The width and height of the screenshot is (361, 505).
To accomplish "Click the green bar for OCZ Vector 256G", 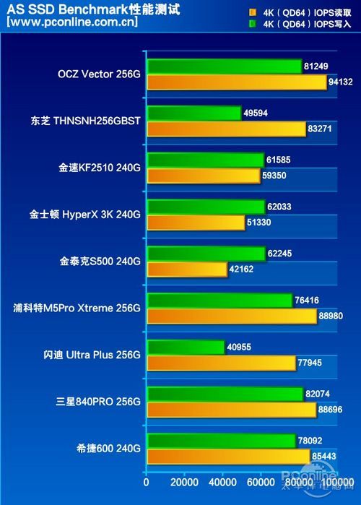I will (224, 66).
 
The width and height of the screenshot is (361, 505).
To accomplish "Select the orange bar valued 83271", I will (227, 129).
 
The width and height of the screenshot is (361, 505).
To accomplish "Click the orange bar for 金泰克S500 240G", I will (187, 269).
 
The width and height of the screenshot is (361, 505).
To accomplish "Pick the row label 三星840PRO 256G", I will (100, 401).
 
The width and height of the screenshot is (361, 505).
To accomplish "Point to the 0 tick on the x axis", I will (147, 482).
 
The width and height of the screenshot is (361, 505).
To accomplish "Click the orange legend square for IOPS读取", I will (252, 12).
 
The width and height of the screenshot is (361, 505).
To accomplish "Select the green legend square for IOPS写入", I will (252, 23).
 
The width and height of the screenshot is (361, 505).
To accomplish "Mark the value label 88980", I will (330, 316).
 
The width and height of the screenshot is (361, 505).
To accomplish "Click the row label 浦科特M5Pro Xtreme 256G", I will (77, 308).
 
